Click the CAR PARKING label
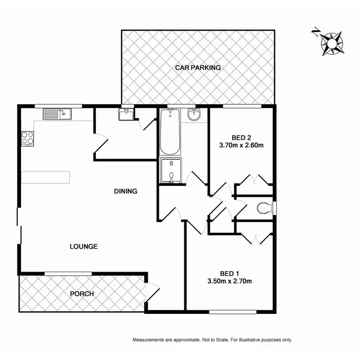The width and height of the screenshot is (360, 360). pos(198,68)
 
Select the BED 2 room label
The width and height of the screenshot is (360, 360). pos(240,136)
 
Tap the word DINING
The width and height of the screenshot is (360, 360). pos(125,191)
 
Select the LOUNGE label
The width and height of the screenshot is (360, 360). pos(84,247)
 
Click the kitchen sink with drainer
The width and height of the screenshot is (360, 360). pos(57,114)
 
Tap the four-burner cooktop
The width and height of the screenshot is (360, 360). pos(28,138)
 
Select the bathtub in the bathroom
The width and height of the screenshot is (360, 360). pos(170,131)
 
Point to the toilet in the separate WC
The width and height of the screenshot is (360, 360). pos(265,208)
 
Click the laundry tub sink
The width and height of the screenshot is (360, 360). pos(127,115)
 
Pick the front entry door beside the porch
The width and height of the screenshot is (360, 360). pos(153,291)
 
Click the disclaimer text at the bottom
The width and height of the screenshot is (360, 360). pos(212,340)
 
